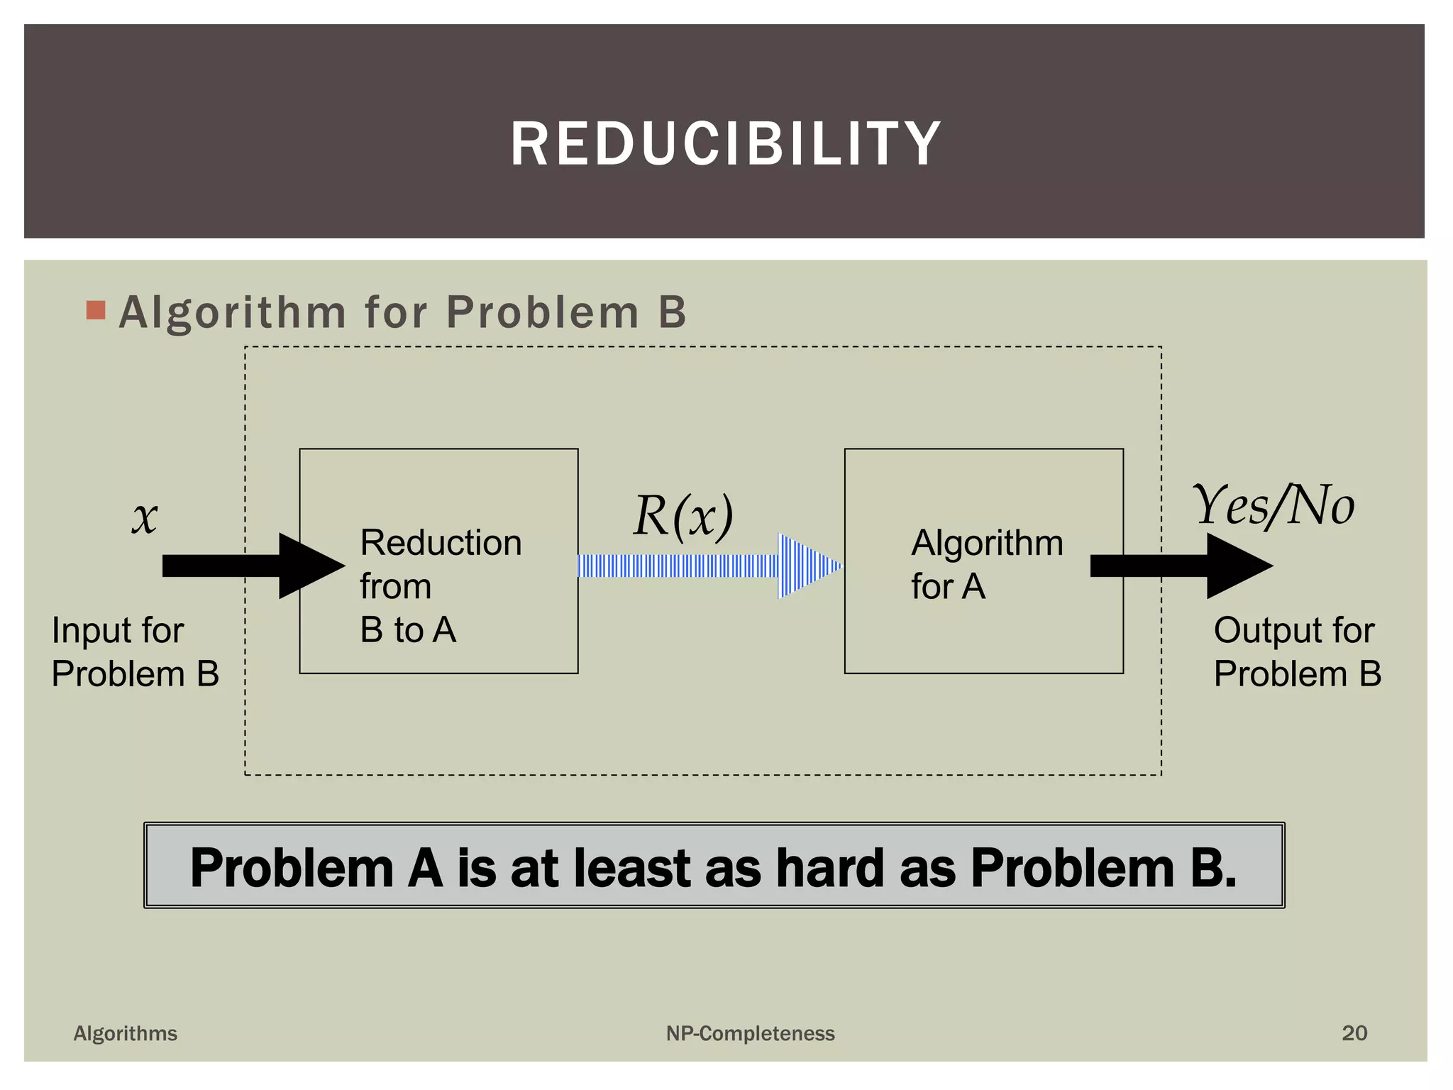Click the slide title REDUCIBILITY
(x=725, y=144)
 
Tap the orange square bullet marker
(x=96, y=311)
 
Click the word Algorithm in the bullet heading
(x=233, y=312)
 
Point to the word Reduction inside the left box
(x=441, y=543)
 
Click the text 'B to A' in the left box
(x=408, y=629)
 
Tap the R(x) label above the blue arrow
(x=683, y=516)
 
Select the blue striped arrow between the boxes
(x=709, y=566)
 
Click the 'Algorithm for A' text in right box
(x=986, y=564)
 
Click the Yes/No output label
(x=1274, y=505)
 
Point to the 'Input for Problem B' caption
(x=135, y=651)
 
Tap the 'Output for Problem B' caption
(x=1297, y=651)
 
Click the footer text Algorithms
(x=126, y=1033)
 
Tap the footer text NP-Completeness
(x=750, y=1033)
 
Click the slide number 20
(x=1354, y=1033)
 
